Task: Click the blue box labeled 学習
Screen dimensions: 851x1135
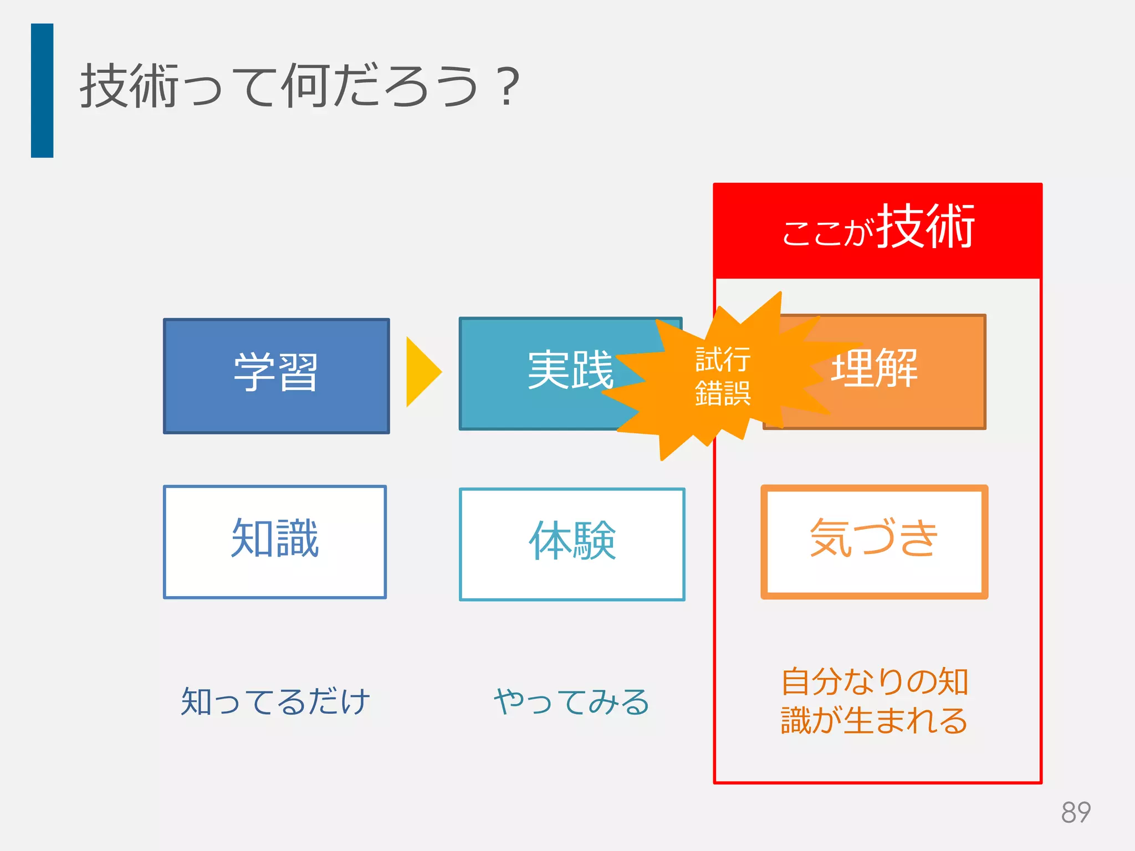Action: [276, 376]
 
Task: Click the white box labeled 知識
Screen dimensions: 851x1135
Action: [275, 541]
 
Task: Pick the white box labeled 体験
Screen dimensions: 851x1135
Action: [572, 544]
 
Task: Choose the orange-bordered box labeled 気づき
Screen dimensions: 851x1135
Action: [874, 541]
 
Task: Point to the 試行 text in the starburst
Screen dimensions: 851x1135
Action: [723, 360]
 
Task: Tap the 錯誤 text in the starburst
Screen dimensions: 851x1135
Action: [723, 393]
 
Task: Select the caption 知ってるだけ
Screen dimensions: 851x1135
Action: [275, 701]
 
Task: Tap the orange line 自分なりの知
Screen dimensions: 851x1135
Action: [874, 681]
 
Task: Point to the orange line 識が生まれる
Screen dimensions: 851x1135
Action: [874, 720]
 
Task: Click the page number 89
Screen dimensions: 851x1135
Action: [1075, 813]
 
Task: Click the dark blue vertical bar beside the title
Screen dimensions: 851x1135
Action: [42, 90]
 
